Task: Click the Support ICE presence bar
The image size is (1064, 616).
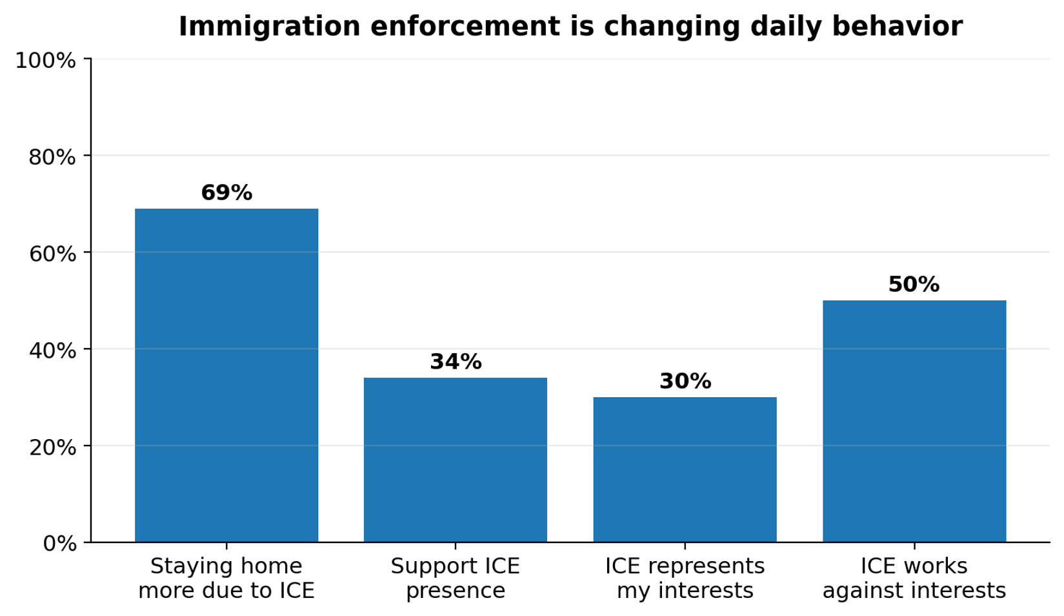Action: tap(456, 459)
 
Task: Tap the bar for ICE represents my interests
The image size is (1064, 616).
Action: tap(685, 469)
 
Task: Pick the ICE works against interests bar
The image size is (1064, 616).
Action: tap(914, 420)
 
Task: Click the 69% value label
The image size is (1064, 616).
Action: tap(226, 193)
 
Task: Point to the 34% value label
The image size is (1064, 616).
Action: tap(456, 362)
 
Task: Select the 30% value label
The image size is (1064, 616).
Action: tap(685, 382)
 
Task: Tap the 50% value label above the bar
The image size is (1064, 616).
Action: tap(914, 285)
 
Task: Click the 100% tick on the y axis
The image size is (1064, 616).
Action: tap(45, 61)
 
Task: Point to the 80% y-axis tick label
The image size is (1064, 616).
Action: tap(52, 157)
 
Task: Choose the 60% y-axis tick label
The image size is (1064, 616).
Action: tap(52, 254)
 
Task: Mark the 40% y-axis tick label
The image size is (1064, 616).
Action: tap(52, 351)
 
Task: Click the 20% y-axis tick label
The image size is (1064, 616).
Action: tap(52, 447)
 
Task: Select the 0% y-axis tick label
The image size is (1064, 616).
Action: tap(59, 544)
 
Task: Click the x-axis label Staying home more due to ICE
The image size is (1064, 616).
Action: tap(226, 579)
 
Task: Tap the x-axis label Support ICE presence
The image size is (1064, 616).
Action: tap(456, 579)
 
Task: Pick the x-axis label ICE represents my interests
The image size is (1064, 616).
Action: tap(685, 579)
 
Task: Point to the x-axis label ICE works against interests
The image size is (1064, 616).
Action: tap(914, 579)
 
